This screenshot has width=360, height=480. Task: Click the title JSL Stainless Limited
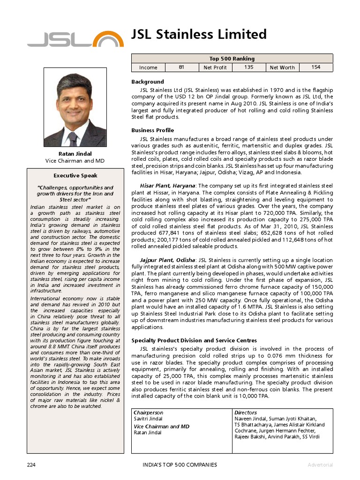pyautogui.click(x=199, y=34)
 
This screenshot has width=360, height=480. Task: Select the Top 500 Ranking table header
pyautogui.click(x=232, y=59)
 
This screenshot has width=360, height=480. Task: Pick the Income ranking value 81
pyautogui.click(x=182, y=67)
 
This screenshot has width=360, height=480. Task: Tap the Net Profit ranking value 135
pyautogui.click(x=249, y=67)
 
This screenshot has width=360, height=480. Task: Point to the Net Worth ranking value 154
pyautogui.click(x=316, y=67)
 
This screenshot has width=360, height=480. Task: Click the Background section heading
pyautogui.click(x=148, y=82)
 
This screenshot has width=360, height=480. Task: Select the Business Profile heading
pyautogui.click(x=152, y=130)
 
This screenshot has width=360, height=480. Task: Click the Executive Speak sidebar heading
pyautogui.click(x=75, y=176)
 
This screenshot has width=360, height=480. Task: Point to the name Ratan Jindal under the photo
pyautogui.click(x=75, y=154)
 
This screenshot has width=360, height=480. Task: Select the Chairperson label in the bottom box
pyautogui.click(x=149, y=412)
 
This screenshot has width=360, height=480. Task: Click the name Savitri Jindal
pyautogui.click(x=148, y=419)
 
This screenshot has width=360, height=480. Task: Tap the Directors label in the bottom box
pyautogui.click(x=246, y=412)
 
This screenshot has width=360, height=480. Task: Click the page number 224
pyautogui.click(x=31, y=465)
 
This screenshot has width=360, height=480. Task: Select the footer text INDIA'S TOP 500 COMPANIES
pyautogui.click(x=180, y=465)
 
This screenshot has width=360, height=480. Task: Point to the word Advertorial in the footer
pyautogui.click(x=320, y=465)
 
